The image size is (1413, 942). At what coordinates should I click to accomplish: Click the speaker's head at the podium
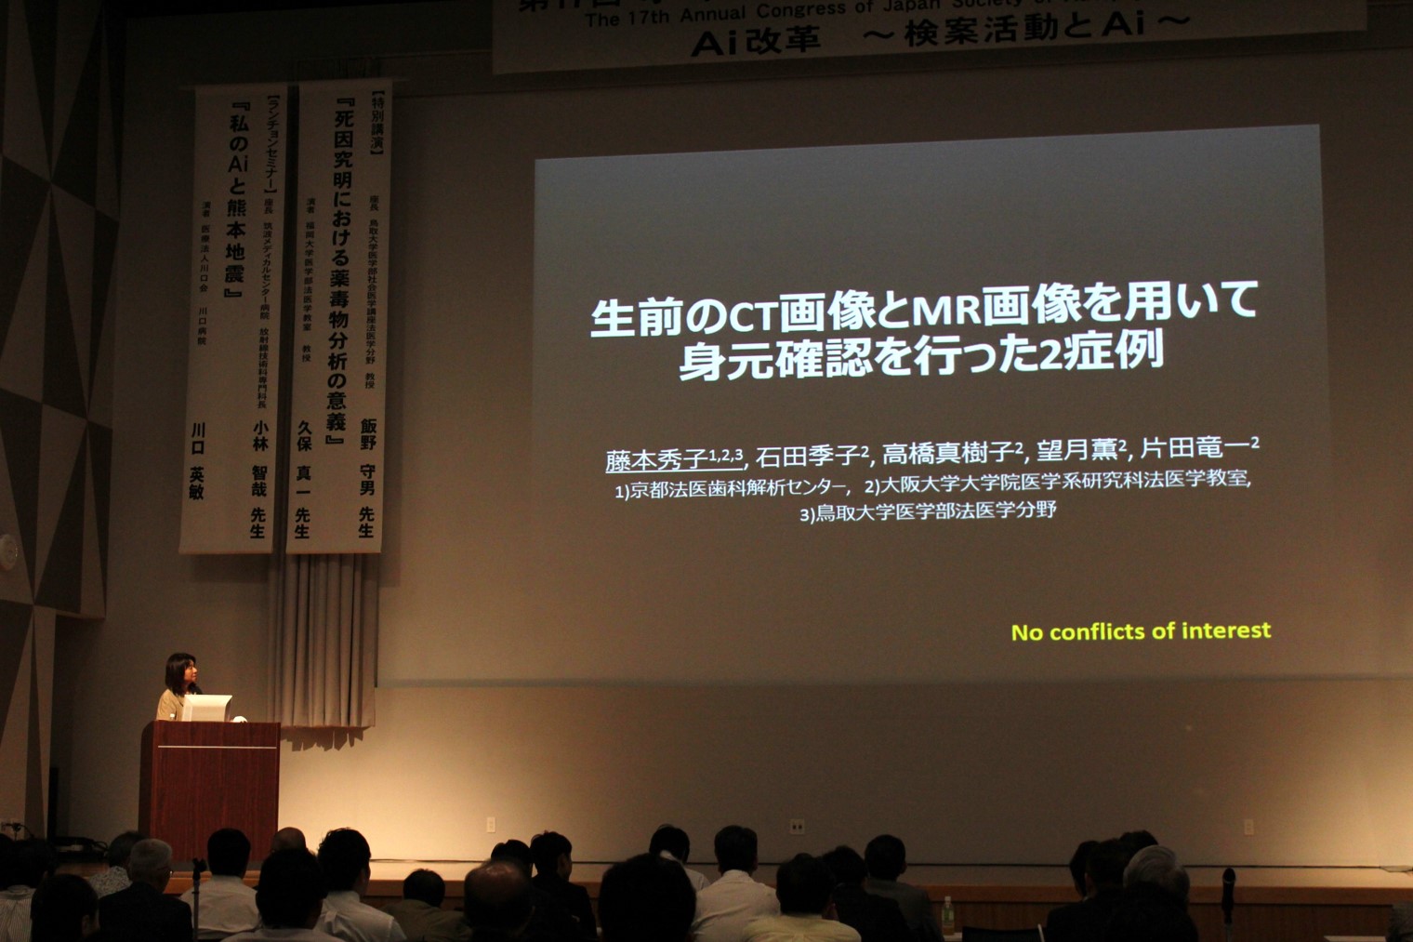[x=179, y=669]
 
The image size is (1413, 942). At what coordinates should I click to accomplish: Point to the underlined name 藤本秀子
[x=656, y=459]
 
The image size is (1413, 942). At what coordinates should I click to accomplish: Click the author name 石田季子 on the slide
[x=806, y=456]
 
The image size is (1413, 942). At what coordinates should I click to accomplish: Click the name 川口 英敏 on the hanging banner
[x=197, y=460]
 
